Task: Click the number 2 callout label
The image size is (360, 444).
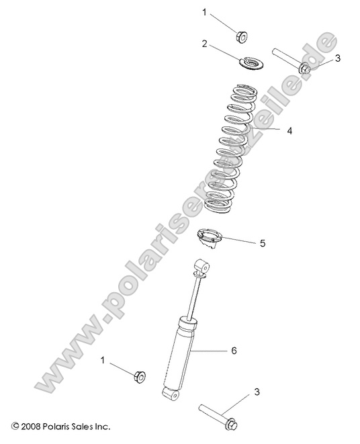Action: [x=204, y=44]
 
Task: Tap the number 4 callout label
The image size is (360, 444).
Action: [x=289, y=132]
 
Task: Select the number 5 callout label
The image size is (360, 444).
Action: [x=263, y=242]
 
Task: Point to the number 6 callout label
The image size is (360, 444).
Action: [x=234, y=351]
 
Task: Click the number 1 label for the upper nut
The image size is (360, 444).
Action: [x=206, y=12]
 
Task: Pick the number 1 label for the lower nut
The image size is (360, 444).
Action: [x=103, y=360]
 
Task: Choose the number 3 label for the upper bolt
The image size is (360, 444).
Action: [x=338, y=58]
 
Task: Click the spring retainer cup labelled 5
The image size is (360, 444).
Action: [x=209, y=239]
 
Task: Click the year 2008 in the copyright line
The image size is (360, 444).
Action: [x=32, y=427]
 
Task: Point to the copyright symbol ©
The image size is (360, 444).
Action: [x=15, y=427]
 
